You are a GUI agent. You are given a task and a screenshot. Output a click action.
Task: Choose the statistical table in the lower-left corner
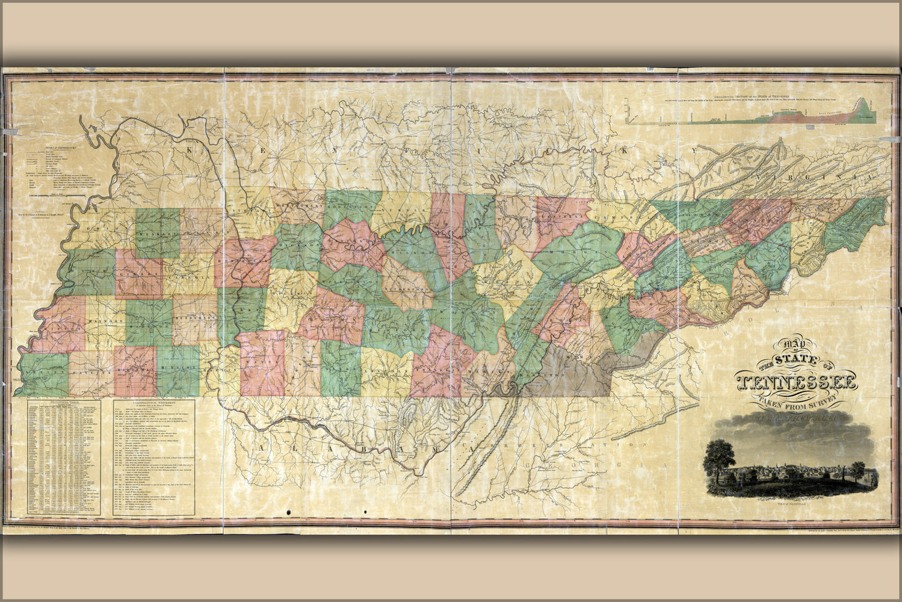(x=64, y=458)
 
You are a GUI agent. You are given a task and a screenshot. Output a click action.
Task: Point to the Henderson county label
(x=195, y=316)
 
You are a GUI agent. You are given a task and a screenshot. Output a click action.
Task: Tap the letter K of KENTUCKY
(x=191, y=150)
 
